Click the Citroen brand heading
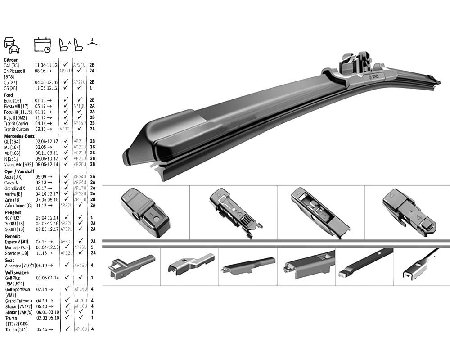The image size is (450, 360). (11, 60)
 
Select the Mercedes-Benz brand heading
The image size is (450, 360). (19, 136)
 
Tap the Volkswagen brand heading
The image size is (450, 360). (17, 272)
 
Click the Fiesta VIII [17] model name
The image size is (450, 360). (16, 106)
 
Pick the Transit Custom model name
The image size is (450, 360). (17, 129)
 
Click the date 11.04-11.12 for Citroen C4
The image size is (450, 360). (46, 65)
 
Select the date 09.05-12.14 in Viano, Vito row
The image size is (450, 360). (46, 164)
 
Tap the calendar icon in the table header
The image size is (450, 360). (42, 45)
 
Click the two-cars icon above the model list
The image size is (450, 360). (12, 45)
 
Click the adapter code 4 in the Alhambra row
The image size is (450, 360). (92, 265)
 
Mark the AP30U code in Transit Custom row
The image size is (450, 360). (66, 129)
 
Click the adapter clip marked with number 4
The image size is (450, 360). (408, 212)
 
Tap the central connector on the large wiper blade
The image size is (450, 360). (358, 67)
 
